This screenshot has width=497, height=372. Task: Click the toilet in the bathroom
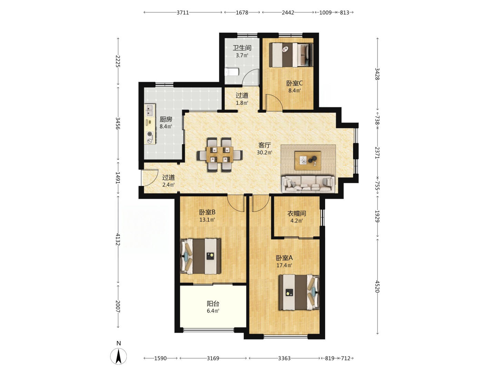231,72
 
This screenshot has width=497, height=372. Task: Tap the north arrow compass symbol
118,356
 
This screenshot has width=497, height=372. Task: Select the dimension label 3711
183,13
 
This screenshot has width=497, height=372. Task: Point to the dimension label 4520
377,286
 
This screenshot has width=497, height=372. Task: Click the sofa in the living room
308,184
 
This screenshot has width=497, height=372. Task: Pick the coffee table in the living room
308,161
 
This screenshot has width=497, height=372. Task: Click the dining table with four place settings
220,155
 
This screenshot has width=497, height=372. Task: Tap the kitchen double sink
150,110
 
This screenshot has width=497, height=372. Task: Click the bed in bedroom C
291,55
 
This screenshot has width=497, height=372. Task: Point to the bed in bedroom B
201,256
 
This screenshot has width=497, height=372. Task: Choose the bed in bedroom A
299,292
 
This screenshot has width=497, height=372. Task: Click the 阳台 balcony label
213,303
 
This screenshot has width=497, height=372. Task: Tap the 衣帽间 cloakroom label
296,214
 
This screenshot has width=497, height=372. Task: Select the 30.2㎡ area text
264,153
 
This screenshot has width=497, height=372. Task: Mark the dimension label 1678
242,13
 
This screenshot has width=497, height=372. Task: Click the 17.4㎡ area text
284,265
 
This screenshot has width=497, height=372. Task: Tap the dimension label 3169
213,358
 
